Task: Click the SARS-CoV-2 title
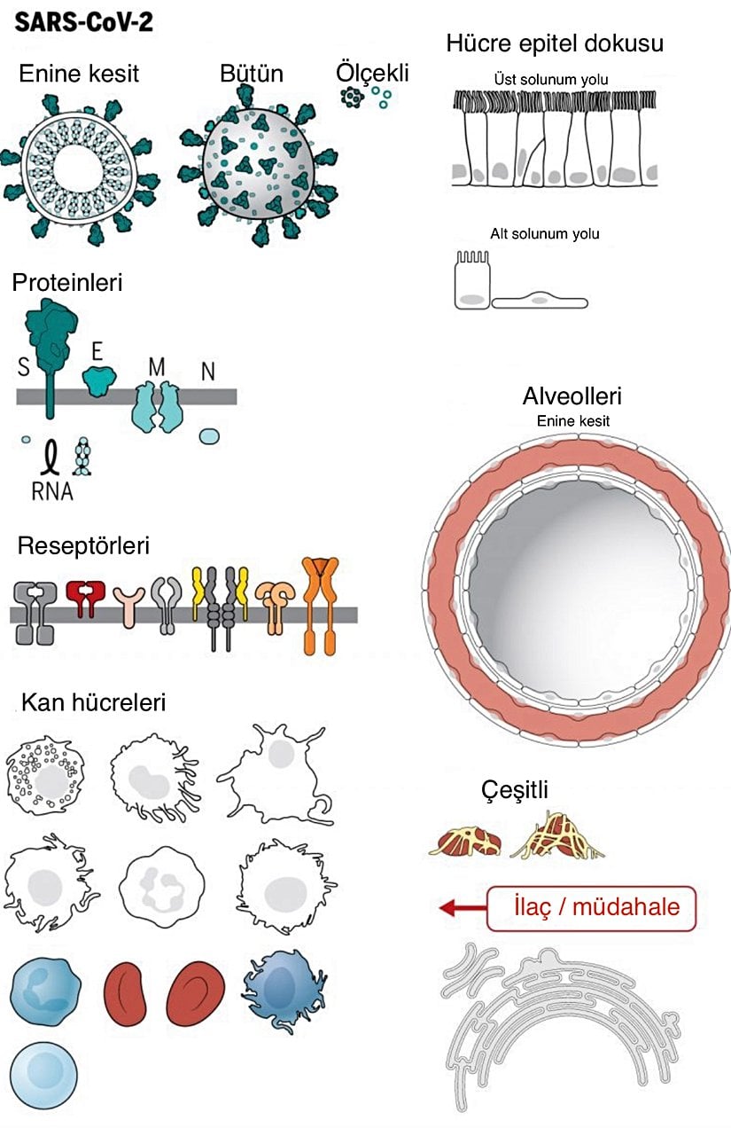click(x=84, y=20)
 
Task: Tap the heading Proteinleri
click(x=67, y=283)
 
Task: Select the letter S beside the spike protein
click(x=23, y=366)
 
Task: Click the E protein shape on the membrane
click(x=100, y=380)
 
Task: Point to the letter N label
click(x=208, y=372)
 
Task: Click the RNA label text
click(x=52, y=491)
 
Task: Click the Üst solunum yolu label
click(x=551, y=80)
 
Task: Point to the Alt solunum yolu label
click(x=545, y=234)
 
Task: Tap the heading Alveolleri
click(x=572, y=396)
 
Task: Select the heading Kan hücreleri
click(x=93, y=702)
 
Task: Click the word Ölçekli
click(x=372, y=72)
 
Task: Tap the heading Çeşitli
click(x=515, y=788)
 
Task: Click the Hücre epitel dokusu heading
click(x=556, y=43)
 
